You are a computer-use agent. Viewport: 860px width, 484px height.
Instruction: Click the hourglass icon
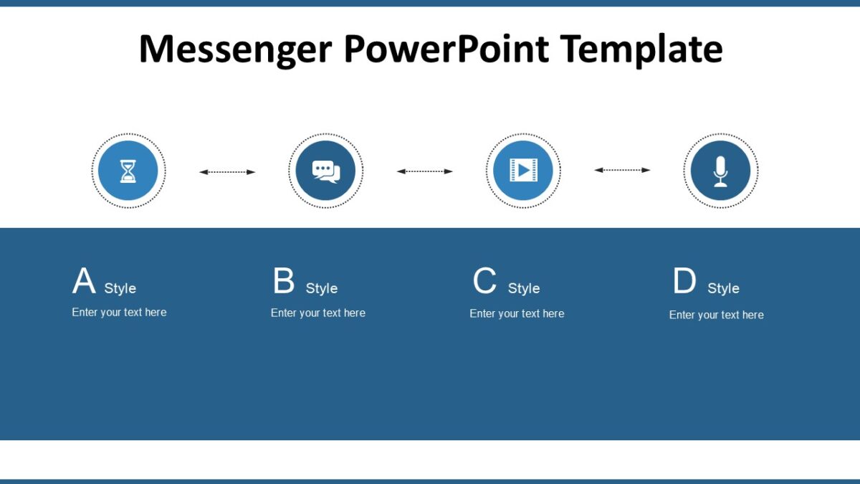[x=128, y=171]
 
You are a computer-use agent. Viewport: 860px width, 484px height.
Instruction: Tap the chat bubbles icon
[x=325, y=171]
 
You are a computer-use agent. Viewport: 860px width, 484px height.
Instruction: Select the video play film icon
[x=523, y=171]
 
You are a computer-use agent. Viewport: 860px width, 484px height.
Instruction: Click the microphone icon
[x=720, y=171]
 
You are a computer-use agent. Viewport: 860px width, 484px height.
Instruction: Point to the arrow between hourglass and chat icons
[x=227, y=172]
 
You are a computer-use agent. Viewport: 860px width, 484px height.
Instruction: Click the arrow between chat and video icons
[x=425, y=171]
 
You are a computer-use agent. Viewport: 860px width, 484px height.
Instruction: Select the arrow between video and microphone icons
[x=622, y=170]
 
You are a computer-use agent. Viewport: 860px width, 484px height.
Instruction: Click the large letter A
[x=84, y=281]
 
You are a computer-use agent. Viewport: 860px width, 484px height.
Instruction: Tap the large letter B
[x=284, y=281]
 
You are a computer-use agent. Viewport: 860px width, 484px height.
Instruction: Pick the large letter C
[x=484, y=281]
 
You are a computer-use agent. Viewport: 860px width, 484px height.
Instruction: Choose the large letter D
[x=684, y=281]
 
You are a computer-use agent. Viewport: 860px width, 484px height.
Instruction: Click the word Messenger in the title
[x=235, y=49]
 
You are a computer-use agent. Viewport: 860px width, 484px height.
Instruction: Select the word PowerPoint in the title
[x=446, y=49]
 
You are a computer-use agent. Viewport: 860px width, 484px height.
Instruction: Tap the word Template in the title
[x=641, y=49]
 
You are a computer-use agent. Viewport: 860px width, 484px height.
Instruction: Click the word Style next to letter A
[x=120, y=288]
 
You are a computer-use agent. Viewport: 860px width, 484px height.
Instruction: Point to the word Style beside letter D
[x=723, y=288]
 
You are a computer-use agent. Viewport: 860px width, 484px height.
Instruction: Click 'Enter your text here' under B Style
[x=318, y=313]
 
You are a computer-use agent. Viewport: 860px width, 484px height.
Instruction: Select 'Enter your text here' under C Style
[x=517, y=313]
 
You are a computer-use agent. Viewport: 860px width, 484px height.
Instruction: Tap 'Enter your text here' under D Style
[x=716, y=315]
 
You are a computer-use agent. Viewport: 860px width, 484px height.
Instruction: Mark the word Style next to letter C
[x=524, y=288]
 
